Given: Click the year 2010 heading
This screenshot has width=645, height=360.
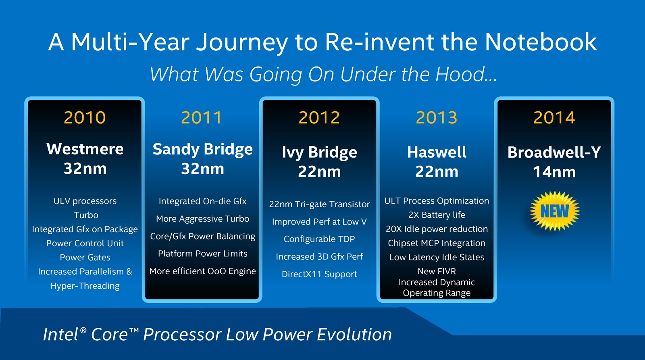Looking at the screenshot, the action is click(85, 117).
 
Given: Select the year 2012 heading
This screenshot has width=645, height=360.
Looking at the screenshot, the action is click(319, 117).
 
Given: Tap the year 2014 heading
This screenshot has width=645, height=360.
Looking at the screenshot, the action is click(554, 117).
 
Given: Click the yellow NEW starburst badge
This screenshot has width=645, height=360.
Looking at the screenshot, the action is click(555, 211).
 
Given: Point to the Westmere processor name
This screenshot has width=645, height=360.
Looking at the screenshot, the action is click(85, 149).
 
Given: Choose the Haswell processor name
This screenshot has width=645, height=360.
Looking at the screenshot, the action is click(437, 152).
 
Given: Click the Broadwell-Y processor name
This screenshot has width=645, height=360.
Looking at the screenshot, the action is click(554, 152).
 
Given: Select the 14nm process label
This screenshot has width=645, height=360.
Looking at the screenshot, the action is click(554, 172).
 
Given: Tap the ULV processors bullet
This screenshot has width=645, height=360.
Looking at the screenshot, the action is click(85, 201).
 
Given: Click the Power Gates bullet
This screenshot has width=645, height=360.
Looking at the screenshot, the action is click(85, 257).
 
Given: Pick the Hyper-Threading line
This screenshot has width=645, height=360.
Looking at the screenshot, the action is click(85, 286).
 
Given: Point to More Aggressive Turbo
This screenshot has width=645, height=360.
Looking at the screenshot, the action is click(202, 219).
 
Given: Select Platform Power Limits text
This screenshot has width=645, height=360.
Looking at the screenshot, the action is click(202, 254).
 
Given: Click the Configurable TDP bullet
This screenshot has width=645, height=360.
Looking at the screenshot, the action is click(319, 239).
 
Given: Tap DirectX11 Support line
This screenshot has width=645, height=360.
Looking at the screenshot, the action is click(319, 274).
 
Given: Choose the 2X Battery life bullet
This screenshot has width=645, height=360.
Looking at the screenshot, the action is click(437, 215).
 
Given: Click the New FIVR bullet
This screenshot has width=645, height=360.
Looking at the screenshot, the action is click(437, 271).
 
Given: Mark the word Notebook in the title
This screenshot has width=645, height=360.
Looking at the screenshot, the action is click(541, 42).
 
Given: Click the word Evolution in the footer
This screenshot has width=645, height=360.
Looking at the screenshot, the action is click(354, 335).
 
